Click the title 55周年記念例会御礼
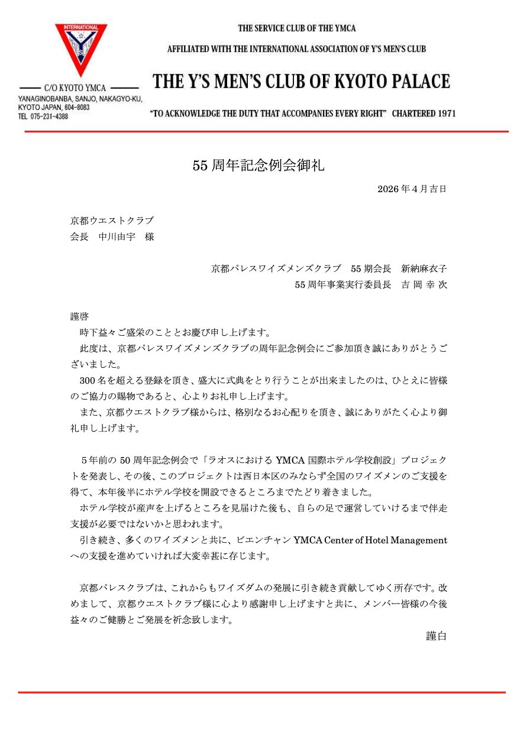pos(258,166)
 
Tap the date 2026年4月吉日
pos(412,189)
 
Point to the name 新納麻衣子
pos(424,268)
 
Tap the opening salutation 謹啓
pos(79,316)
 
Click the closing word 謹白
pos(437,636)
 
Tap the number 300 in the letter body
pos(88,381)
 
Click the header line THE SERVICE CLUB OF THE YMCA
pos(296,28)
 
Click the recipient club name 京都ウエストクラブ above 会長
pos(112,221)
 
